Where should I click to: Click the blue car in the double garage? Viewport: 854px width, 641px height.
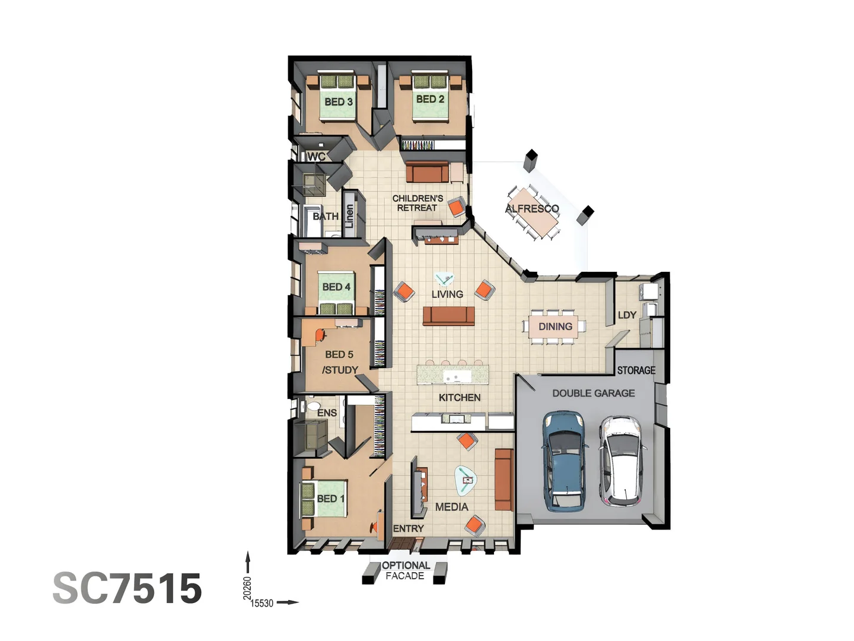coord(565,461)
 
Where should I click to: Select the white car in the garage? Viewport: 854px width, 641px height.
coord(619,461)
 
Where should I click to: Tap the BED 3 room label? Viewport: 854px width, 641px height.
coord(339,102)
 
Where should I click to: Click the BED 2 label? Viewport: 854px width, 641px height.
coord(430,99)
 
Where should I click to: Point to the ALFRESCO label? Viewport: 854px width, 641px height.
coord(532,209)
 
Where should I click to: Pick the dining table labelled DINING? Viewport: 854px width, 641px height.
coord(555,326)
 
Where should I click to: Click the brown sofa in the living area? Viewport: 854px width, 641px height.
coord(448,316)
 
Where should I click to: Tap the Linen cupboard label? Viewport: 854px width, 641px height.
coord(349,216)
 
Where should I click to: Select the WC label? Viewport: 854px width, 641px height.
coord(316,157)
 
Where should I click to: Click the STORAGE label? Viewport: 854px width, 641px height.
coord(636,370)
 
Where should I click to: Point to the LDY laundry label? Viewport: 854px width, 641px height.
coord(627,315)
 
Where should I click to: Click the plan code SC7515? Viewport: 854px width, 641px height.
coord(128,588)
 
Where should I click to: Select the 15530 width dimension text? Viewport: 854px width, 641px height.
coord(262,604)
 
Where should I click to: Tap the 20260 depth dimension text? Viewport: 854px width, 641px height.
coord(247,588)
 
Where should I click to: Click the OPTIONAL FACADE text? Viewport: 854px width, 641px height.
coord(406,570)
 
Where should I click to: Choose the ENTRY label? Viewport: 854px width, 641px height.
coord(408,528)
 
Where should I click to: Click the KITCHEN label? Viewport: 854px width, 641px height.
coord(460,398)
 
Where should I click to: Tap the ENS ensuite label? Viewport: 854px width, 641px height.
coord(327,413)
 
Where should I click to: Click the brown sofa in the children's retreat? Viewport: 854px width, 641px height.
coord(427,173)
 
